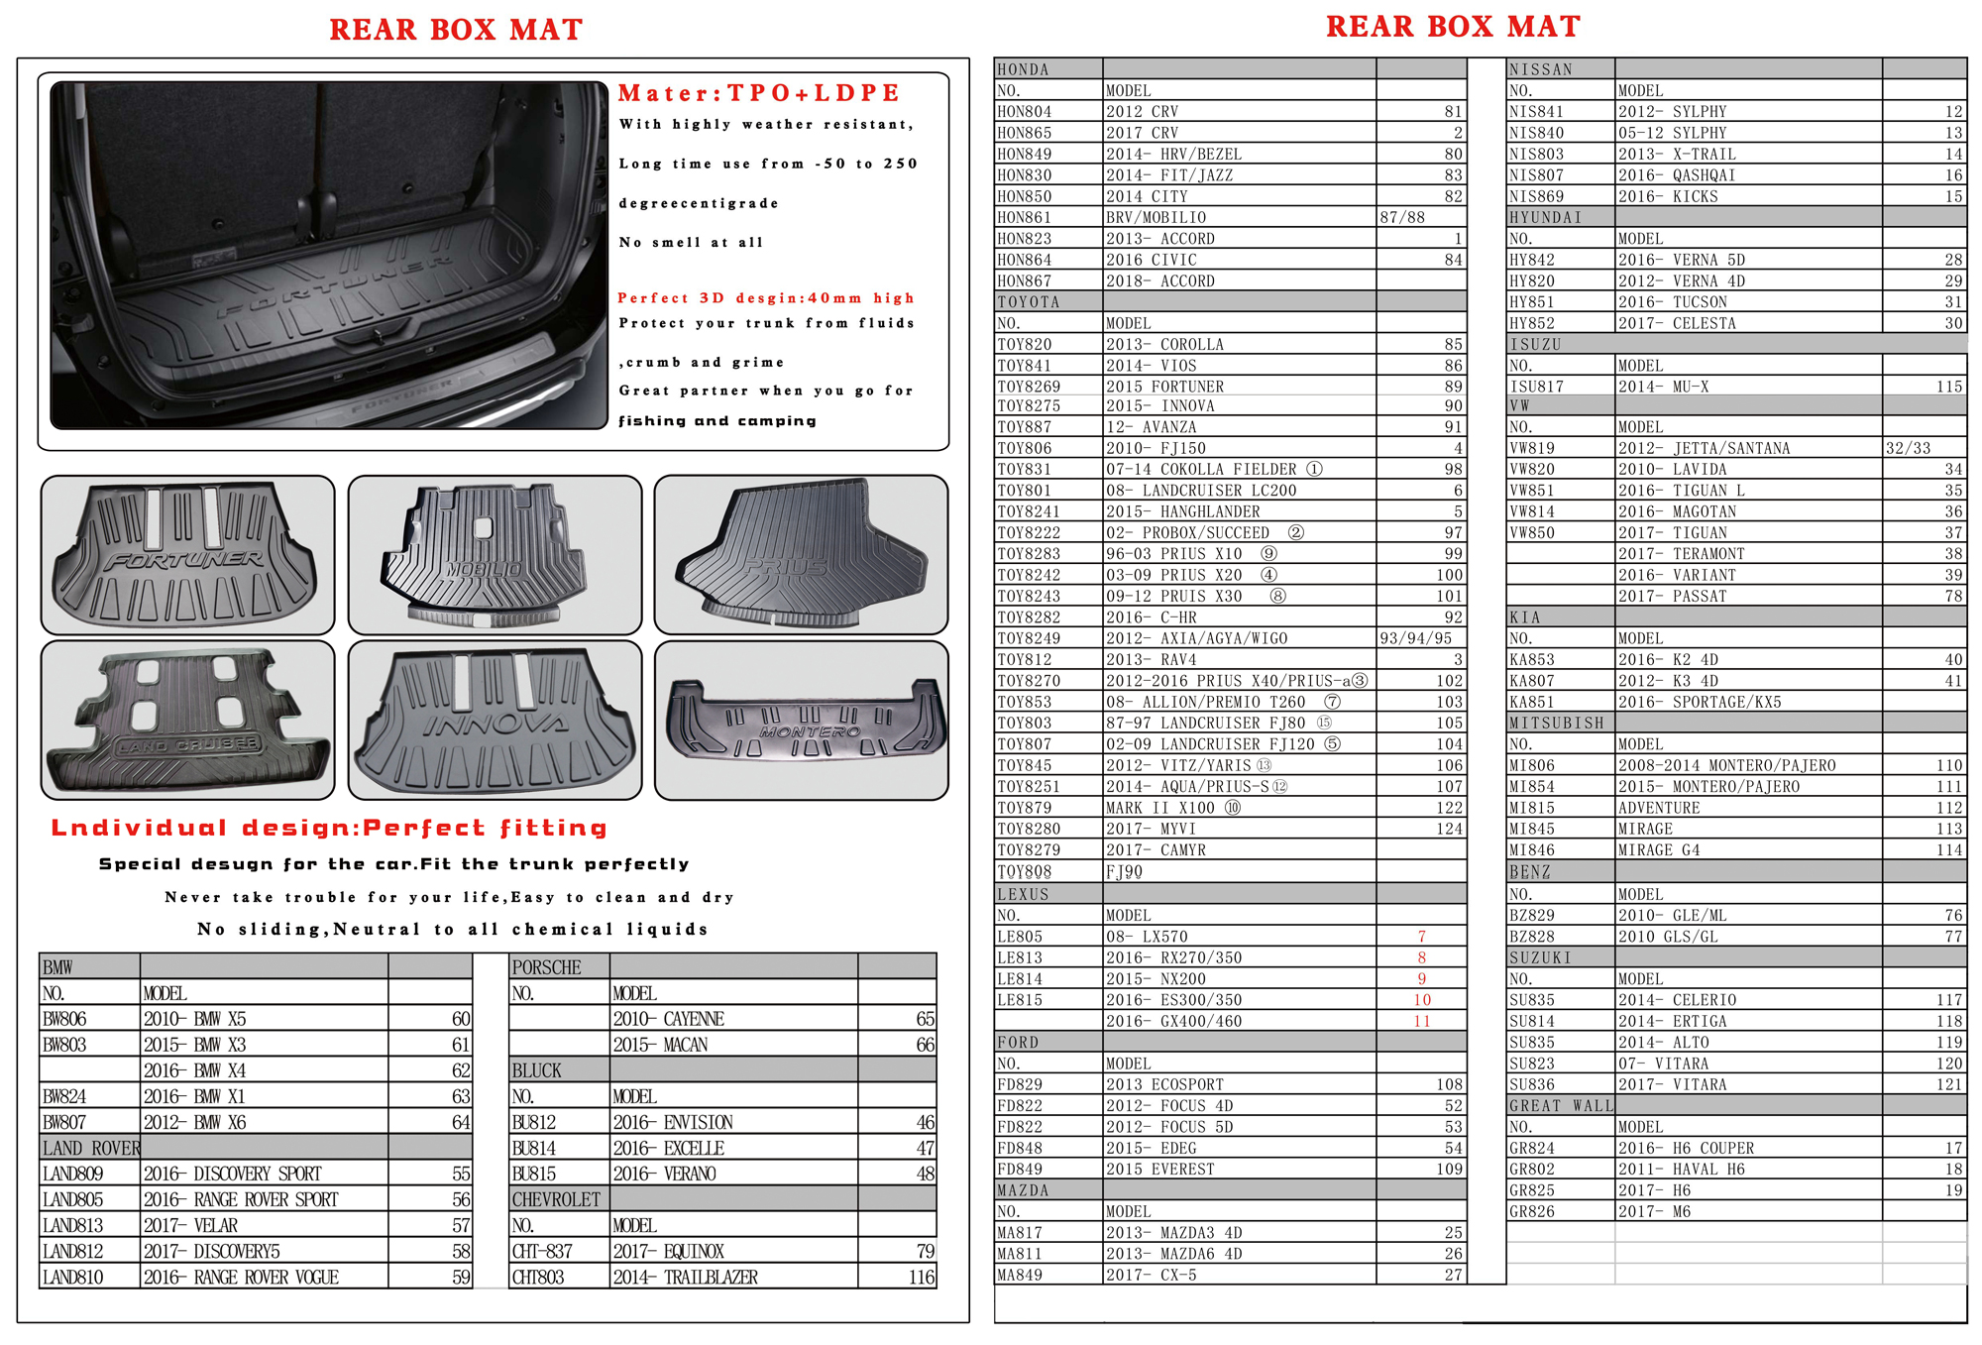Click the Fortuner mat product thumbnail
(x=187, y=555)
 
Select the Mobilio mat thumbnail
(x=495, y=555)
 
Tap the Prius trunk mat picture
(x=801, y=555)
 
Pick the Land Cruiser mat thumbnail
(x=187, y=721)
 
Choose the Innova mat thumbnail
(x=495, y=721)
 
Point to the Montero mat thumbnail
(x=801, y=721)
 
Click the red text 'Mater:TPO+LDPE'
(x=758, y=93)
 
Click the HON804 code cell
(x=1025, y=112)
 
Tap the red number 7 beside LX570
(x=1421, y=937)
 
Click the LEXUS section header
(x=1023, y=894)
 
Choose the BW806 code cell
(x=65, y=1019)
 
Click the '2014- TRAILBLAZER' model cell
(x=685, y=1278)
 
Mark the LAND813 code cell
(x=72, y=1226)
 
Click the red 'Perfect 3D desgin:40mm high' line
(x=766, y=298)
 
